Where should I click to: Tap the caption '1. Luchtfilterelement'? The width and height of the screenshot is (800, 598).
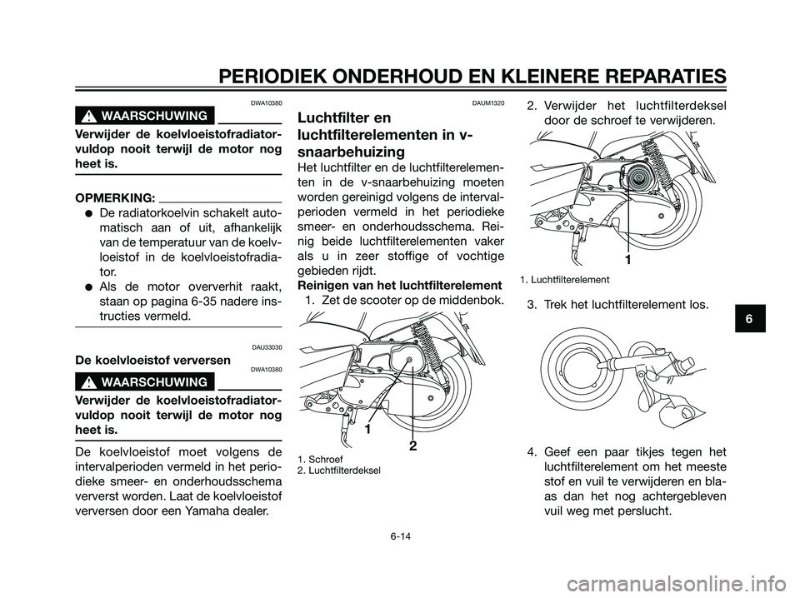[565, 279]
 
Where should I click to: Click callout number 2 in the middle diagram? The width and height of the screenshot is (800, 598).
[412, 448]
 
